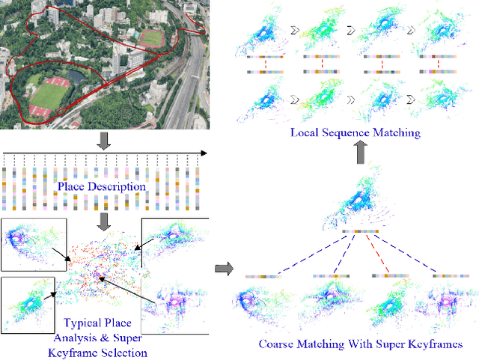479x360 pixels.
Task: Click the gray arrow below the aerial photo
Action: [x=105, y=141]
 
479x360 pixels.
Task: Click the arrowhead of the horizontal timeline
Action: [x=204, y=154]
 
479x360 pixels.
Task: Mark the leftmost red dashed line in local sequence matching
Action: [x=266, y=64]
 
